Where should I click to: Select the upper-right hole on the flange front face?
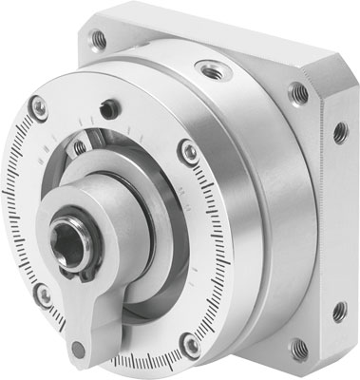coord(297,92)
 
